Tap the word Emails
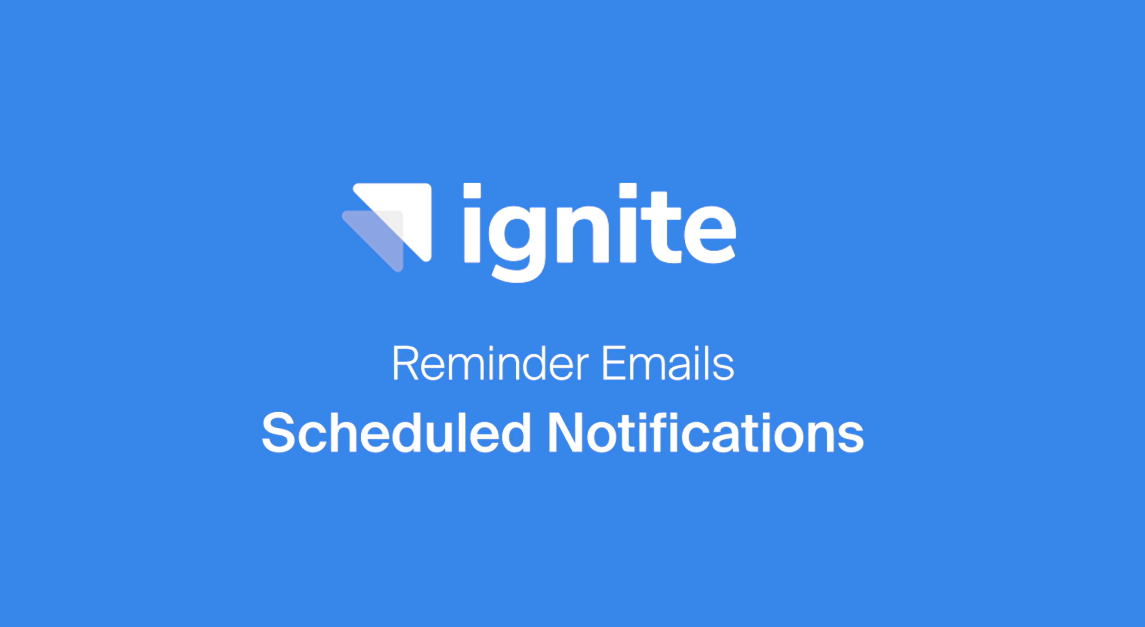click(x=667, y=364)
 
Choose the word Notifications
click(x=705, y=434)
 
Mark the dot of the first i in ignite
click(x=472, y=191)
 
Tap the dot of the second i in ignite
click(x=628, y=191)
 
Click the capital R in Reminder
click(x=405, y=364)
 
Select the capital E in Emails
click(x=614, y=364)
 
